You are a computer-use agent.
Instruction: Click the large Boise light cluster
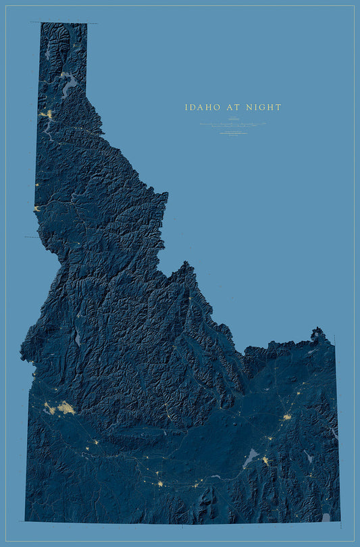pos(66,407)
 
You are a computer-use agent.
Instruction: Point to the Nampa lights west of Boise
pos(49,409)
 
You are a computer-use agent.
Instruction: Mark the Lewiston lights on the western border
pos(36,209)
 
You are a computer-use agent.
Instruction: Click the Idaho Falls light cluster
pos(287,417)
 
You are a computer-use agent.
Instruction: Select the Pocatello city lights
pos(265,461)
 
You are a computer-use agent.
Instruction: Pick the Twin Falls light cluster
pos(160,484)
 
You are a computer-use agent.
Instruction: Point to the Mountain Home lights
pos(95,442)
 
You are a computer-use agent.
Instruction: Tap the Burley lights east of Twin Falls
pos(197,484)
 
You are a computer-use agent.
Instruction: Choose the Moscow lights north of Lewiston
pos(36,184)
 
